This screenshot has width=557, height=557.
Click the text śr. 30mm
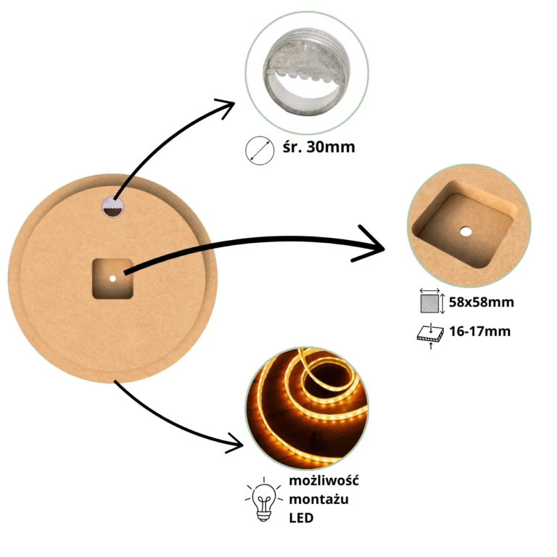coord(318,147)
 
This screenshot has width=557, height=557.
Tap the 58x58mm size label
coord(482,302)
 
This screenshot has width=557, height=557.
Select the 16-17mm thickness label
coord(480,331)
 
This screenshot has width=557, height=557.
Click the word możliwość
coord(323,481)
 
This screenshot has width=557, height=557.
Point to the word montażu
coord(318,499)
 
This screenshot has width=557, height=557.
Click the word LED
coord(301,518)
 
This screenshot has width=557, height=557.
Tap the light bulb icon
coord(263,499)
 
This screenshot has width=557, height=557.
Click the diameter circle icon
coord(260,151)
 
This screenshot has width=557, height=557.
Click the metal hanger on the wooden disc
coord(112,207)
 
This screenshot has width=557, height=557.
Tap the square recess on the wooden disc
coord(112,278)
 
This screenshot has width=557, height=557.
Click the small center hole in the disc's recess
coord(112,278)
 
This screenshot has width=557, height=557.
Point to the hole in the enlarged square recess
coord(466,232)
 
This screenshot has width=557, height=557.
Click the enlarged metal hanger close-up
coord(307,73)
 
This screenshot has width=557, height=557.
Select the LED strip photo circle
coord(307,408)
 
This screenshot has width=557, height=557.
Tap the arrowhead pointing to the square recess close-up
coord(371,244)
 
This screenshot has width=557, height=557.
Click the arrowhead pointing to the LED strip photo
coord(236,443)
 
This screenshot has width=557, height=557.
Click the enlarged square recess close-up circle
coord(469,226)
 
